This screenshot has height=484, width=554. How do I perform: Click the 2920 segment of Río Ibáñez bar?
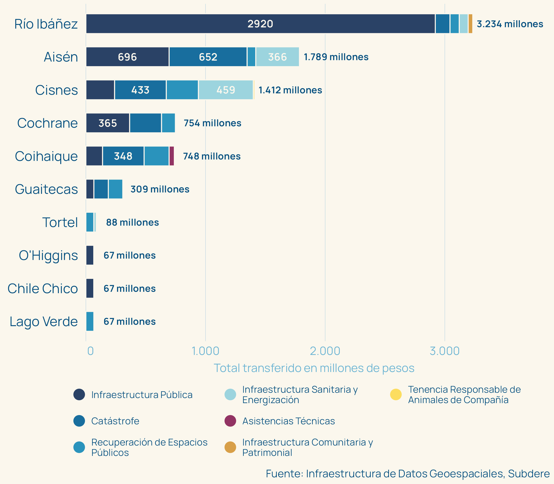pos(260,24)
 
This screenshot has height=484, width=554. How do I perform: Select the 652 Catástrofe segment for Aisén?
pos(208,57)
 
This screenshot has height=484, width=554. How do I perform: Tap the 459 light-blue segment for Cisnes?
pos(226,90)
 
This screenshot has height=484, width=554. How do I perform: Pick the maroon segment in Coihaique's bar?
pos(172,156)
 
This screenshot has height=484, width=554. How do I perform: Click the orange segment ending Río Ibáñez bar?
pos(470,24)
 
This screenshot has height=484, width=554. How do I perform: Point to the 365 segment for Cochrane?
pos(108,123)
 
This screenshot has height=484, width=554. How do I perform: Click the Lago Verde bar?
pos(90,322)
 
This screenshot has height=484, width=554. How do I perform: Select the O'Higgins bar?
pos(90,255)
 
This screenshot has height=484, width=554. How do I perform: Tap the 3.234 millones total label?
pos(510,24)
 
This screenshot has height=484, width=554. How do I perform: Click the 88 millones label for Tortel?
pos(132,222)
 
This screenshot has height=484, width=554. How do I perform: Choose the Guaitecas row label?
pos(46,189)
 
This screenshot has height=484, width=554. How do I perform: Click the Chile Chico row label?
pos(43,289)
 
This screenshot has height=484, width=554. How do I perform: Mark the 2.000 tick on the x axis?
pos(325,351)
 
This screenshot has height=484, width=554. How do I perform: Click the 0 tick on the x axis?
pos(90,351)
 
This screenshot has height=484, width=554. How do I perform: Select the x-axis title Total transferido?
pos(314,368)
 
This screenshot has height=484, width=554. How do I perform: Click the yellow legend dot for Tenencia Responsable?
pos(396,395)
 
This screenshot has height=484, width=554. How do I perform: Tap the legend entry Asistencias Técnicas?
pos(288,421)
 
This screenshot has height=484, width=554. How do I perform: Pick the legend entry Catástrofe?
pos(115,421)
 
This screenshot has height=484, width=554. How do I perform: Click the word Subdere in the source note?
pos(529,474)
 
